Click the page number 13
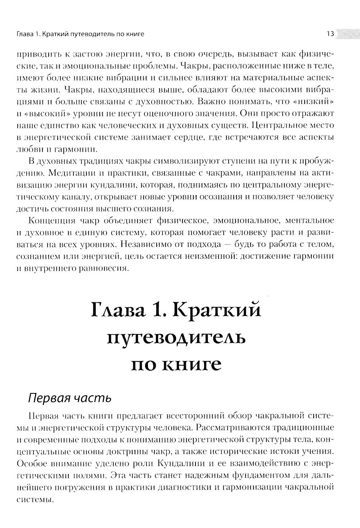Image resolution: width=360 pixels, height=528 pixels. tap(330, 34)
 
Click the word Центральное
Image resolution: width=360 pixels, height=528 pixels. tap(280, 126)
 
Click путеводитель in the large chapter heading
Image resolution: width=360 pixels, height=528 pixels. tap(176, 338)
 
